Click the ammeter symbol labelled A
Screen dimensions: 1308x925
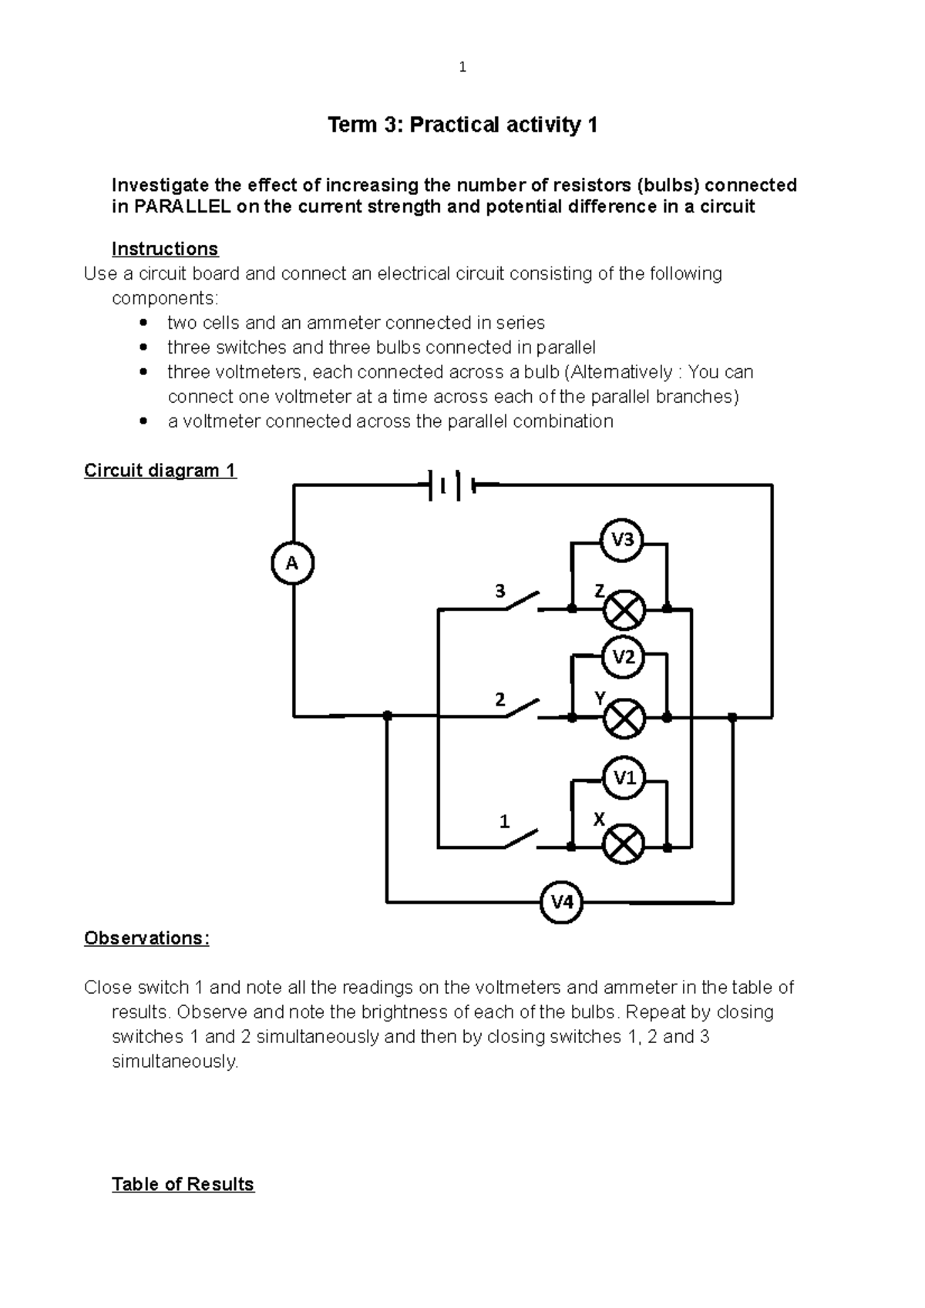point(293,563)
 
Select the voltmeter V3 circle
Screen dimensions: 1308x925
point(622,540)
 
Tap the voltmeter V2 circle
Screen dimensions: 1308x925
point(623,657)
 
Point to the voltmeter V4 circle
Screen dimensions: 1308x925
point(561,901)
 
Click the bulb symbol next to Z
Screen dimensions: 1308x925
point(623,610)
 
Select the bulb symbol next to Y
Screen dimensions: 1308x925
point(623,718)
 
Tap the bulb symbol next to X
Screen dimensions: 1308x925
point(623,846)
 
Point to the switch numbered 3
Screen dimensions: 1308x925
point(523,602)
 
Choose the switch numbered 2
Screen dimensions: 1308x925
point(523,709)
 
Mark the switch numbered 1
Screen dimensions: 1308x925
point(523,839)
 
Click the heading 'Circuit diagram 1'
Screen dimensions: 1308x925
point(160,471)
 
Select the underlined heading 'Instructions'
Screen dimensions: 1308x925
point(165,249)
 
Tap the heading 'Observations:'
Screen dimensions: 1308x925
point(146,938)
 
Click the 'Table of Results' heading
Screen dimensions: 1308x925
point(183,1184)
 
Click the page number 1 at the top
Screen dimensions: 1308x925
point(462,67)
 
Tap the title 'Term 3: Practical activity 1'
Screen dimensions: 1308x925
point(462,125)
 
